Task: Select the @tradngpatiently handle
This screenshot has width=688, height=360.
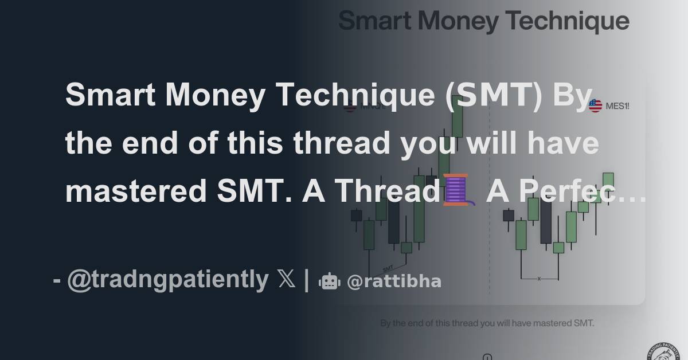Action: (x=167, y=280)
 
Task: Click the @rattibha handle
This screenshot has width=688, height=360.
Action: (x=394, y=281)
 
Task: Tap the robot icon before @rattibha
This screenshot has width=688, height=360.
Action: (x=329, y=281)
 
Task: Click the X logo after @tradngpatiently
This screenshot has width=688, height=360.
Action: (x=286, y=280)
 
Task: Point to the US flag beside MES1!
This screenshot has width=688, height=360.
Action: (x=595, y=105)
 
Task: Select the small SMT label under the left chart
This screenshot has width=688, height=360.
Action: (x=388, y=267)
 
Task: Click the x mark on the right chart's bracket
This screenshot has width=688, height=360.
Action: (x=539, y=279)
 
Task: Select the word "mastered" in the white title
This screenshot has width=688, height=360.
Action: (x=133, y=191)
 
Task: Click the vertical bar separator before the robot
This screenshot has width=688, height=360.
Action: (x=307, y=280)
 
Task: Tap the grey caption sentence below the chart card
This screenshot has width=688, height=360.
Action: (x=487, y=323)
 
